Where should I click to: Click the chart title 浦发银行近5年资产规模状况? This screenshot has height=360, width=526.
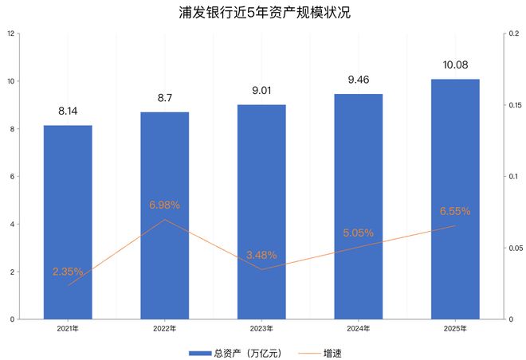(x=262, y=14)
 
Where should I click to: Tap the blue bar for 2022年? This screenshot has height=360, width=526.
(x=165, y=215)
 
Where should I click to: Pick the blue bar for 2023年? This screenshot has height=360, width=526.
(x=261, y=211)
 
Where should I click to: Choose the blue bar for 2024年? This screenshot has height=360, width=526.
(x=359, y=206)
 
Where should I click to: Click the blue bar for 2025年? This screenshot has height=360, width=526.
(x=455, y=199)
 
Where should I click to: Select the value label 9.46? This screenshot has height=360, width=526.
(x=359, y=80)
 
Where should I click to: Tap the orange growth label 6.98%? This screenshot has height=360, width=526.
(x=165, y=205)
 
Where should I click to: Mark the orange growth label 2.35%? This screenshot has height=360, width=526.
(x=68, y=272)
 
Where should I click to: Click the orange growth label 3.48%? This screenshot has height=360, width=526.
(x=261, y=255)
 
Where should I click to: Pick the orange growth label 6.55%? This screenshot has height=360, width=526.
(x=455, y=212)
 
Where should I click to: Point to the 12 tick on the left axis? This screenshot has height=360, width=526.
(x=10, y=33)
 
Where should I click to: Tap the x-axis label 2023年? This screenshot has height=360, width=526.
(x=261, y=327)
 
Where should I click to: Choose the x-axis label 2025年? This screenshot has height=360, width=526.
(x=455, y=327)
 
